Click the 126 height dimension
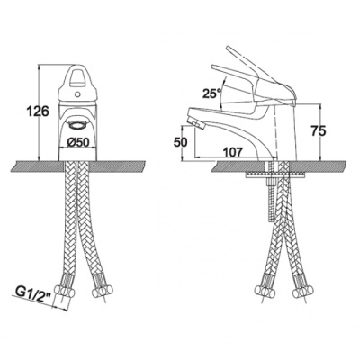(38, 112)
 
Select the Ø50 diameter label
(78, 142)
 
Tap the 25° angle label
(211, 94)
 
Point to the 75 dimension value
(318, 131)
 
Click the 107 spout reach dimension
(232, 152)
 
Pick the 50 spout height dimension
(180, 142)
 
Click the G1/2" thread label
(31, 291)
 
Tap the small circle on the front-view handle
(77, 94)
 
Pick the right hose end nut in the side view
(301, 291)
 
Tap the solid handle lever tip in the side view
(213, 67)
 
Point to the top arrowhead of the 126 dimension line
(39, 67)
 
